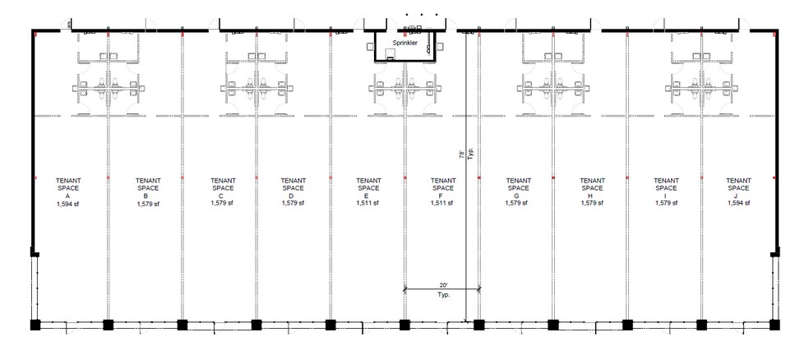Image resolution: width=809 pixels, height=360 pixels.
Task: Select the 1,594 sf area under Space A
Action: point(68,204)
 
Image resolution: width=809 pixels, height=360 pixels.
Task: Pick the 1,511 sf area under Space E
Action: point(368,204)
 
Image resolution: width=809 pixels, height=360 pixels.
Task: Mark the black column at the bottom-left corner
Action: point(35,325)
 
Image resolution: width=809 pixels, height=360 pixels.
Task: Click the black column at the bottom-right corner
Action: point(773,325)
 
